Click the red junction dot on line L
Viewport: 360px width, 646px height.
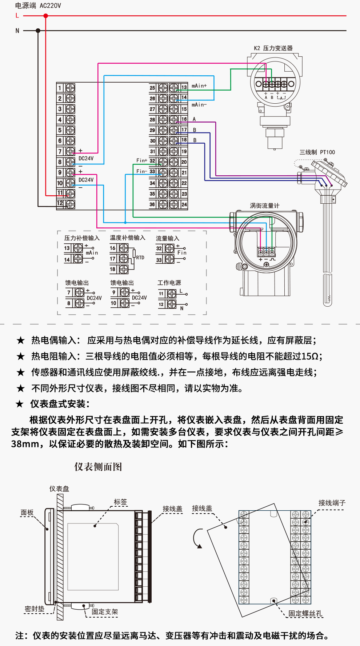pyautogui.click(x=46, y=16)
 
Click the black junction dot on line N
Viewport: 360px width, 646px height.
pyautogui.click(x=38, y=31)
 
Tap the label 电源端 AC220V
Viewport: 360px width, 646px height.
pyautogui.click(x=38, y=5)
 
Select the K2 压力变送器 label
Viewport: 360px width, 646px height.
pyautogui.click(x=273, y=48)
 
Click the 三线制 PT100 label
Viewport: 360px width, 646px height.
pyautogui.click(x=317, y=152)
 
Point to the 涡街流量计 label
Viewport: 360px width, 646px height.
pyautogui.click(x=265, y=206)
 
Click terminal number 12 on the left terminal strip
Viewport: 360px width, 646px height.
pyautogui.click(x=60, y=203)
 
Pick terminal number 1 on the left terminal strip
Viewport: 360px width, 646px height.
pyautogui.click(x=60, y=88)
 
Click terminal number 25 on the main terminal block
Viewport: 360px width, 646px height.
pyautogui.click(x=152, y=88)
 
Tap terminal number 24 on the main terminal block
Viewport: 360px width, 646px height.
pyautogui.click(x=184, y=204)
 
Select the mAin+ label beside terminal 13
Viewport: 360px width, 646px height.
pyautogui.click(x=199, y=85)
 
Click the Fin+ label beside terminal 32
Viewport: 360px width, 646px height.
pyautogui.click(x=142, y=160)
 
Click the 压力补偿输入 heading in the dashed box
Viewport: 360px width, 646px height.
pyautogui.click(x=82, y=238)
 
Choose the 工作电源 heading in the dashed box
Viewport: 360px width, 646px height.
pyautogui.click(x=169, y=283)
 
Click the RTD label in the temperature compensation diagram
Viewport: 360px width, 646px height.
pyautogui.click(x=140, y=258)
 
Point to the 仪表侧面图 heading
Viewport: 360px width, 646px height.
pyautogui.click(x=98, y=467)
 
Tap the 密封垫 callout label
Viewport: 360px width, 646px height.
pyautogui.click(x=35, y=609)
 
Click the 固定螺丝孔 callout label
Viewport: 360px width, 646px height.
pyautogui.click(x=305, y=613)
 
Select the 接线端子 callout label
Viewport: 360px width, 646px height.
pyautogui.click(x=332, y=503)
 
